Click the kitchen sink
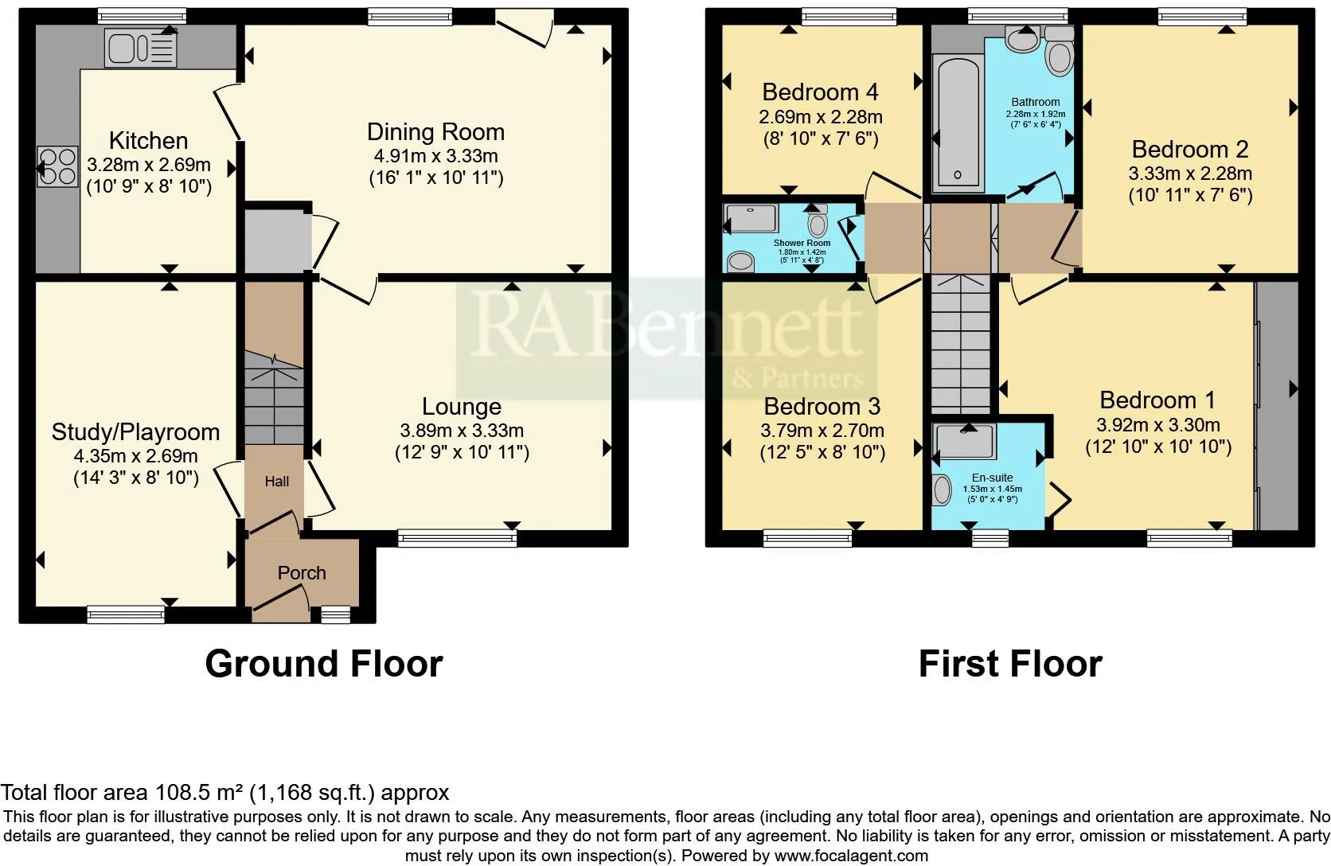tap(141, 48)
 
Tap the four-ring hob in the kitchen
tap(57, 167)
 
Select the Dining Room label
tap(435, 132)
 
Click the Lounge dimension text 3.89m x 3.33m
tap(462, 430)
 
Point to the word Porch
tap(302, 572)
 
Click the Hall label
tap(277, 481)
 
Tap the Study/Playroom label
tap(135, 432)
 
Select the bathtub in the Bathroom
tap(958, 123)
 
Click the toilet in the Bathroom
tap(1060, 52)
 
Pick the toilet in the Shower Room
tap(818, 221)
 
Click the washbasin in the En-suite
tap(941, 490)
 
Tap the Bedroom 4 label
tap(820, 92)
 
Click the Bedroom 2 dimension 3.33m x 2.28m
tap(1190, 174)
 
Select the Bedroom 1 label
tap(1157, 400)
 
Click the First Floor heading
tap(1010, 664)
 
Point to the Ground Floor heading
tap(324, 664)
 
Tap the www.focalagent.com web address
tap(851, 856)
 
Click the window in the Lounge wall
tap(457, 538)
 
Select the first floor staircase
tap(960, 345)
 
